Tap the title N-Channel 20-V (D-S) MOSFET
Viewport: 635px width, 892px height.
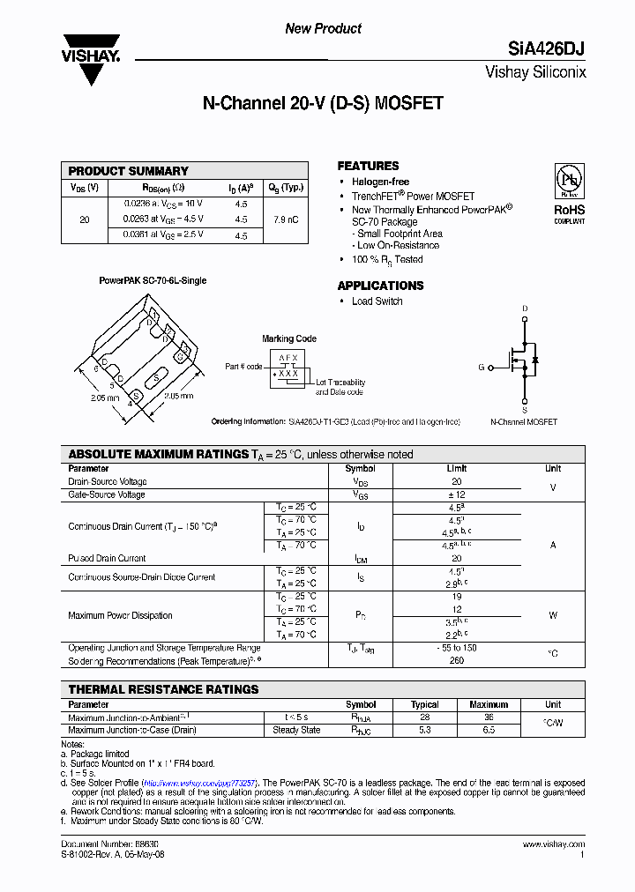coord(323,103)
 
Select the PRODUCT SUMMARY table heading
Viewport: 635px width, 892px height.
coord(129,171)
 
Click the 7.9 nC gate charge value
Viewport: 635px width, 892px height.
coord(285,219)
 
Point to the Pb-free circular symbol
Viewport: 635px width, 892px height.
coord(569,180)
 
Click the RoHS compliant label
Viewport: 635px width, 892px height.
coord(569,212)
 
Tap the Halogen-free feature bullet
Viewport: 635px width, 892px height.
coord(380,182)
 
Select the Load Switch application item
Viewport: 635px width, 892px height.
coord(377,301)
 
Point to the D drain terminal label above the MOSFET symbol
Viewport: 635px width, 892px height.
coord(525,308)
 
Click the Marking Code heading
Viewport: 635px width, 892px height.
coord(289,338)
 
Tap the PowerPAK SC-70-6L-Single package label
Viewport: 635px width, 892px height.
coord(153,280)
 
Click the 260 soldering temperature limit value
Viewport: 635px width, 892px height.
coord(456,660)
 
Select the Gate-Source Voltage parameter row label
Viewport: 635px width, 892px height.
coord(107,494)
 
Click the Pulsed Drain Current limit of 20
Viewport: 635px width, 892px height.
coord(456,558)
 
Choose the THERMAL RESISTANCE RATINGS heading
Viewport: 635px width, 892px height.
coord(164,689)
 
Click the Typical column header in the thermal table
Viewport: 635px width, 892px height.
coord(425,704)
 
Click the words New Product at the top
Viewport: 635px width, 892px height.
coord(323,28)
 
